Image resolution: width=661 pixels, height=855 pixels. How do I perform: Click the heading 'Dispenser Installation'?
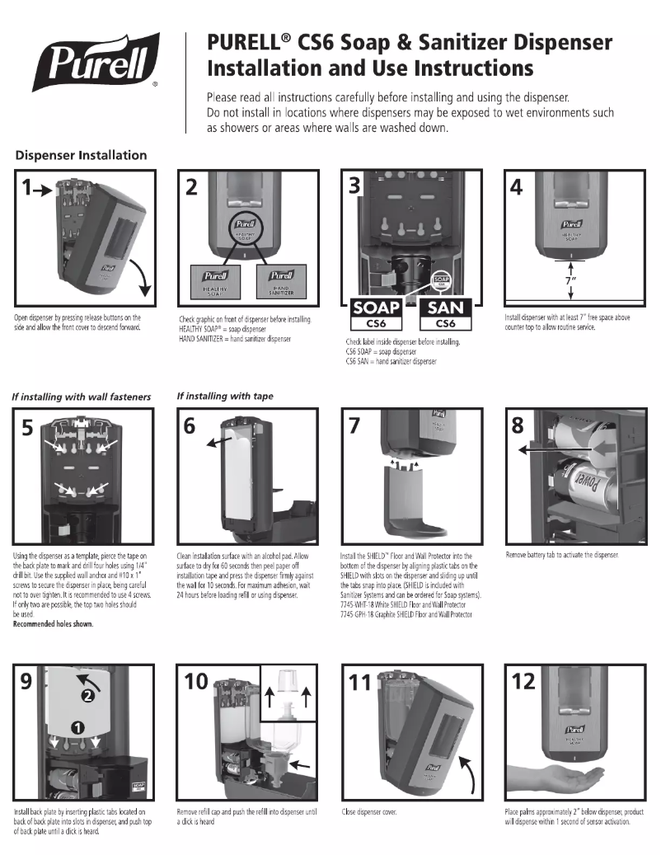click(x=81, y=155)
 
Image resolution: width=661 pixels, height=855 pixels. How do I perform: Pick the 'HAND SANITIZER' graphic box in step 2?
click(x=282, y=281)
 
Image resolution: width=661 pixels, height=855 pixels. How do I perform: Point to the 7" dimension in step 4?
click(x=570, y=278)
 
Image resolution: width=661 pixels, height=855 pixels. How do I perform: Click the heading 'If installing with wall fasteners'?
click(x=82, y=397)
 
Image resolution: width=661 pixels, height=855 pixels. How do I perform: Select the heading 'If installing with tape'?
click(x=225, y=396)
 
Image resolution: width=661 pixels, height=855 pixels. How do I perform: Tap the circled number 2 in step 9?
click(x=87, y=694)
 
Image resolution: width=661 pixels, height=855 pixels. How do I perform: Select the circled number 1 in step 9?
click(x=77, y=726)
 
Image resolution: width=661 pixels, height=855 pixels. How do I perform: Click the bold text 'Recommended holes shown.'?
click(x=53, y=624)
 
